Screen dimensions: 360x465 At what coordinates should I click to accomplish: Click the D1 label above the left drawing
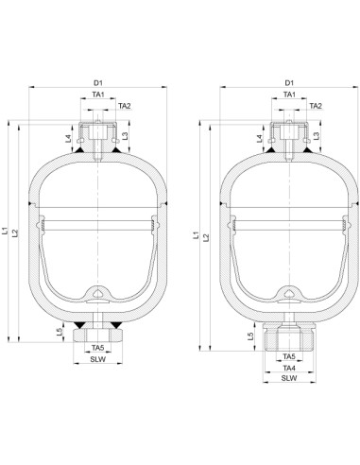click(98, 83)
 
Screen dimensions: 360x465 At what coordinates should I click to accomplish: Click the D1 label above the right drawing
click(289, 83)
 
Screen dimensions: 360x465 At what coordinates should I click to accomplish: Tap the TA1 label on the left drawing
click(98, 95)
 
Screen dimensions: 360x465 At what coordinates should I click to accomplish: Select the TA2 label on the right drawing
click(316, 106)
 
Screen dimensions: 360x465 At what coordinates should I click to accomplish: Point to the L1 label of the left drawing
click(5, 231)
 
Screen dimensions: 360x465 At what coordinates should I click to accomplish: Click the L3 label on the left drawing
click(125, 136)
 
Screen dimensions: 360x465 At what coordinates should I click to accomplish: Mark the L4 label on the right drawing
click(260, 139)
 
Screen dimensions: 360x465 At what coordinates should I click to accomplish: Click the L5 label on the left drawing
click(60, 332)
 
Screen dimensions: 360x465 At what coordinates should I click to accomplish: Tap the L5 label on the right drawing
click(250, 336)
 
